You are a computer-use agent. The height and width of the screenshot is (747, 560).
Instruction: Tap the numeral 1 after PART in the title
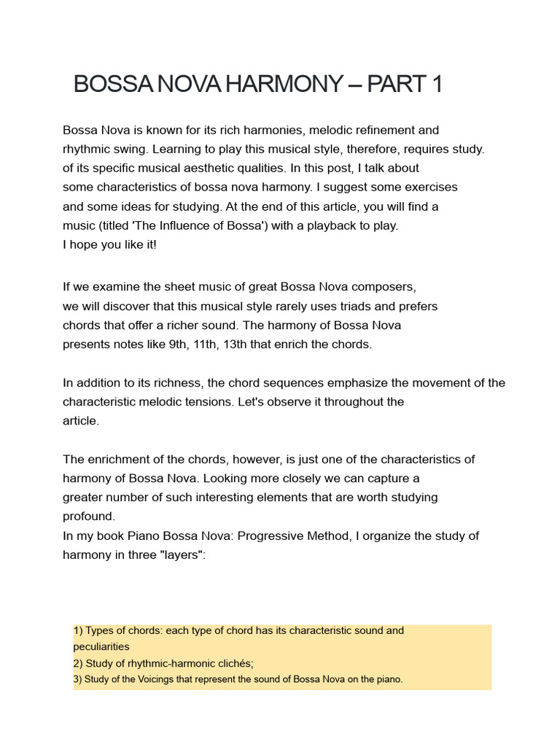(436, 85)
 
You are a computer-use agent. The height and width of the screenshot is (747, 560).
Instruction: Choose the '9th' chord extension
(178, 344)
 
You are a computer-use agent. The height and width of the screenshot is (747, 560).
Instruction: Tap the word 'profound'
(89, 516)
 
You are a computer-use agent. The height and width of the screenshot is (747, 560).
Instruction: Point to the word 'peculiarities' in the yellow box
(101, 646)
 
